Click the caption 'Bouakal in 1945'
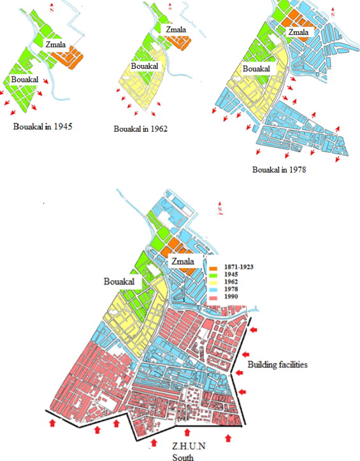(43, 126)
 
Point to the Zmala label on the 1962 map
(176, 29)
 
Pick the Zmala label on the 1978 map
(299, 32)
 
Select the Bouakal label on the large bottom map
(120, 281)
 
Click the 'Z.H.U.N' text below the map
(179, 447)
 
